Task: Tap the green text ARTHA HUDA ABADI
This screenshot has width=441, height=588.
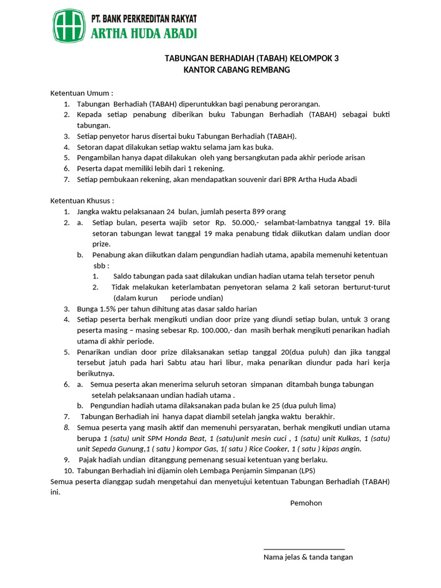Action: coord(144,33)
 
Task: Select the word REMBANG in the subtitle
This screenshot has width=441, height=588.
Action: coord(270,70)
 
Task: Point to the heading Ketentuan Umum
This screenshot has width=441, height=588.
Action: coord(82,92)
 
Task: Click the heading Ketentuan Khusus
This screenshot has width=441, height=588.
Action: coord(82,200)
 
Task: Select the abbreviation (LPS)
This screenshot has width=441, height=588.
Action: coord(305,470)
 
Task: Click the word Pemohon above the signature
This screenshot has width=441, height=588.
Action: coord(306,503)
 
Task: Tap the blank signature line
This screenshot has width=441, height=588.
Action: coord(304,550)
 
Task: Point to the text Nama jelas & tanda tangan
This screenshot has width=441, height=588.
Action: coord(308,557)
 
